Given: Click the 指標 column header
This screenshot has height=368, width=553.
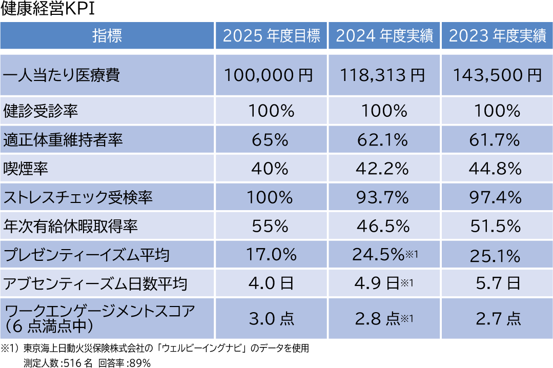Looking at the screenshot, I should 107,36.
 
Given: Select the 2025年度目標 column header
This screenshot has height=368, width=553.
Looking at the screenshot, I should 272,36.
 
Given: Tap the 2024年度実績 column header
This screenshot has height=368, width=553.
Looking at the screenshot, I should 384,36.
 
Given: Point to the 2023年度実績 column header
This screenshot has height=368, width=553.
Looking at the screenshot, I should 497,36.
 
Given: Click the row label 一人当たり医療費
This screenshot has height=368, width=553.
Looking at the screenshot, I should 62,76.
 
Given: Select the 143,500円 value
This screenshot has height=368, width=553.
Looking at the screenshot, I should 497,76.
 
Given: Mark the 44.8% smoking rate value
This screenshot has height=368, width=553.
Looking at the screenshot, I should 497,169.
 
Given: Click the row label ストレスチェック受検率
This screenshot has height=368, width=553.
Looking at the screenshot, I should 78,197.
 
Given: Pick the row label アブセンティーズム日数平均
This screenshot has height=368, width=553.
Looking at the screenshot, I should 95,283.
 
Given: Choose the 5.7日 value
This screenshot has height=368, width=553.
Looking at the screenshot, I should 497,283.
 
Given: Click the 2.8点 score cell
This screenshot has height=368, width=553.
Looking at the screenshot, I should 378,319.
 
